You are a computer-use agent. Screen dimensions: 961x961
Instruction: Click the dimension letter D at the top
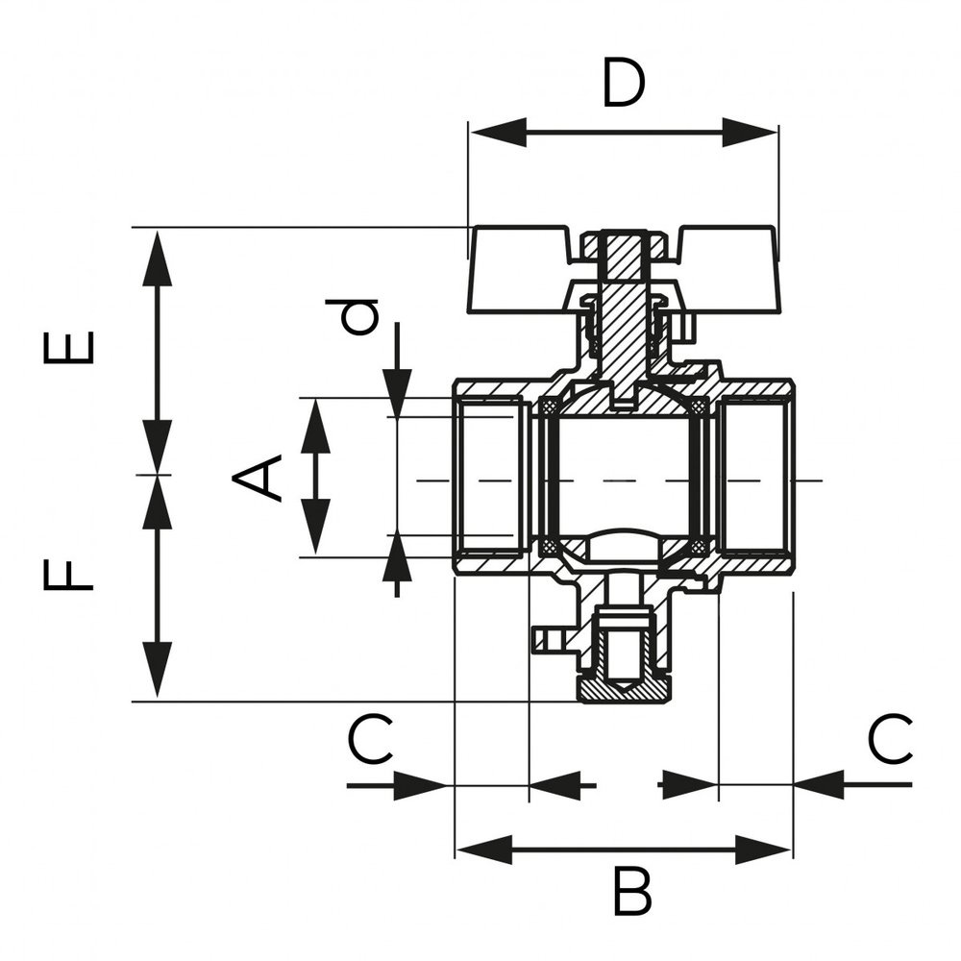click(x=623, y=85)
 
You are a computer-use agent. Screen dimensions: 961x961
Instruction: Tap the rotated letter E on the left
click(x=70, y=348)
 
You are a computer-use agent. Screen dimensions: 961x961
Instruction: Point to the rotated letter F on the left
click(x=69, y=576)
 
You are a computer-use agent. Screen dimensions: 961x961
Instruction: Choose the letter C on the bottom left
click(x=370, y=741)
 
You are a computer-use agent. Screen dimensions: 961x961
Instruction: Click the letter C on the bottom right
click(x=890, y=741)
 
